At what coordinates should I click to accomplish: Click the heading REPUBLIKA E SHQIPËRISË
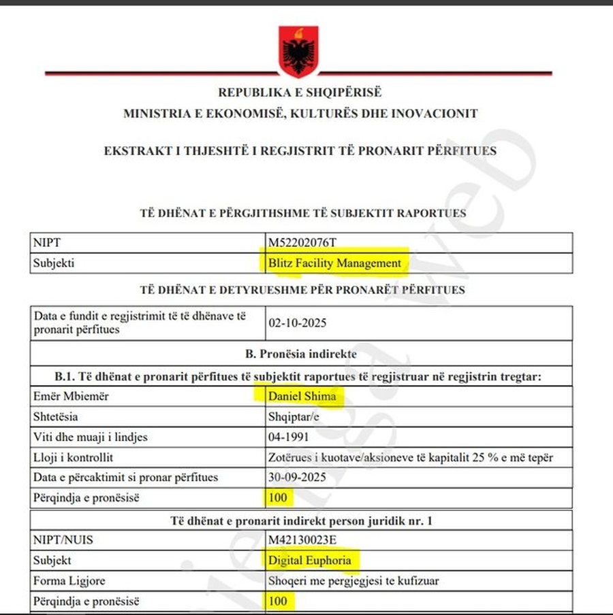click(300, 93)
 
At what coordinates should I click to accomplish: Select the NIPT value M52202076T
click(302, 242)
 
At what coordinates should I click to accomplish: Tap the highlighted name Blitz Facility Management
click(334, 263)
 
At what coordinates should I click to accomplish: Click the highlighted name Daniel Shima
click(302, 395)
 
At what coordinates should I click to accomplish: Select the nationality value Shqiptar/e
click(295, 416)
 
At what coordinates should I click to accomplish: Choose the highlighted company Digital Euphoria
click(310, 561)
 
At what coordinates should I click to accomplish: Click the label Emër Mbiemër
click(71, 395)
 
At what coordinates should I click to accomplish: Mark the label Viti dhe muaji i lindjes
click(90, 437)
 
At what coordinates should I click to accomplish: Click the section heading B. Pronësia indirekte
click(300, 354)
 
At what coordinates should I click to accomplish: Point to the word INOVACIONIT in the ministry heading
click(434, 114)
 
